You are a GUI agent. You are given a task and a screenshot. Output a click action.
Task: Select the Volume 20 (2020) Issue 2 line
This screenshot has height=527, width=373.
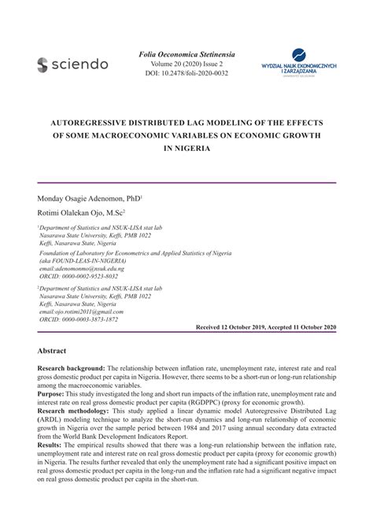186,64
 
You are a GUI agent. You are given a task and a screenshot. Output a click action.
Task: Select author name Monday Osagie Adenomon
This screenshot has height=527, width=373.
85,200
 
